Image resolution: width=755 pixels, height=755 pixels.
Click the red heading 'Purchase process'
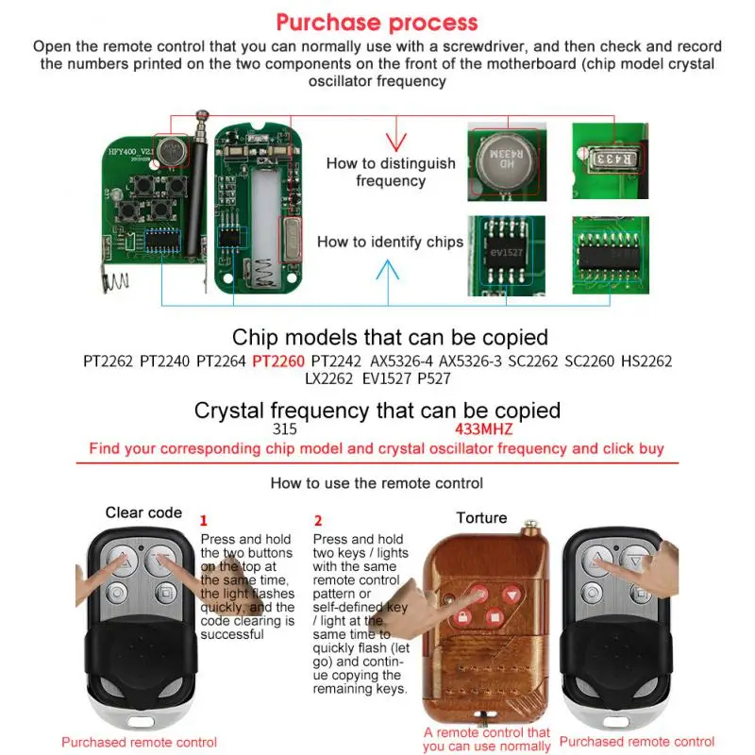(x=377, y=23)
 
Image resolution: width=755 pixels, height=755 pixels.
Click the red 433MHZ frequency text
(x=484, y=428)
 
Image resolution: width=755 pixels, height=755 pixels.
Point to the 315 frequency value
(x=284, y=428)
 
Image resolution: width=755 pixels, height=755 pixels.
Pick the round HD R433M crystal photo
(x=507, y=157)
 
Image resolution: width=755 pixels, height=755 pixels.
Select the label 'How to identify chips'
(x=390, y=242)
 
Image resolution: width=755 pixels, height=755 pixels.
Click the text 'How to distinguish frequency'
(x=391, y=171)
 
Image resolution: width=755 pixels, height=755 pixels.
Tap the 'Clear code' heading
(x=143, y=512)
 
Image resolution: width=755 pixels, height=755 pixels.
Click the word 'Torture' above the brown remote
(x=481, y=518)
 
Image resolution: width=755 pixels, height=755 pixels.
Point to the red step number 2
(x=318, y=520)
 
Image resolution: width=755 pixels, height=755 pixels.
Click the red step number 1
(x=204, y=520)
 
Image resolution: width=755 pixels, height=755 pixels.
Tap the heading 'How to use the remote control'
(x=377, y=483)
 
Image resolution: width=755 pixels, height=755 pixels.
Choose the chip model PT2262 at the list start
(x=108, y=361)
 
